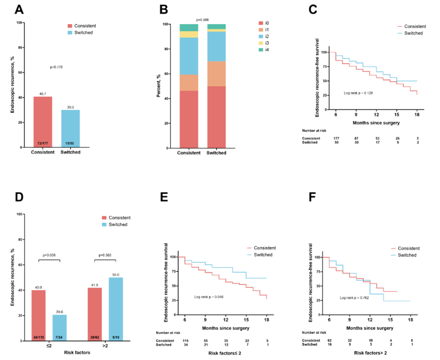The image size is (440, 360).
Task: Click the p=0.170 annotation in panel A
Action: pyautogui.click(x=56, y=67)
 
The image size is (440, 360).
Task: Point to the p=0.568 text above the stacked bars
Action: pyautogui.click(x=202, y=20)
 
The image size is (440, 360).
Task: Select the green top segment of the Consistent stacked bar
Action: pyautogui.click(x=189, y=28)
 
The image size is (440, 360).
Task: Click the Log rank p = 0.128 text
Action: pyautogui.click(x=359, y=93)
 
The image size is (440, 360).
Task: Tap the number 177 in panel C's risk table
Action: pyautogui.click(x=336, y=139)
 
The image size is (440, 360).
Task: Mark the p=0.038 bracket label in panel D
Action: pyautogui.click(x=49, y=255)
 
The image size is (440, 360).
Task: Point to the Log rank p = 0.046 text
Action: pyautogui.click(x=209, y=296)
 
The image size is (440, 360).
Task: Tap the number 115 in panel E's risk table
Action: pyautogui.click(x=186, y=340)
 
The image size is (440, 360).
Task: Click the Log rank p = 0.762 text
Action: pyautogui.click(x=354, y=298)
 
